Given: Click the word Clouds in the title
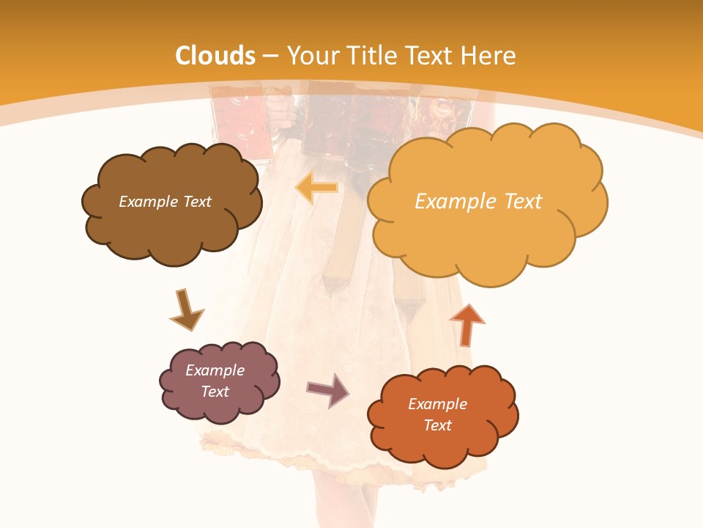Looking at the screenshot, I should [x=215, y=56].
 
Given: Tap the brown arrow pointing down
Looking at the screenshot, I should [x=186, y=309].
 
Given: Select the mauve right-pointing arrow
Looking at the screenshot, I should [x=328, y=389].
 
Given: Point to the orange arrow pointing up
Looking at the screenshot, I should [x=466, y=323].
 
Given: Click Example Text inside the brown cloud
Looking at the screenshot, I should [x=165, y=202].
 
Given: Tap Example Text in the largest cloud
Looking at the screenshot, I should [x=478, y=202].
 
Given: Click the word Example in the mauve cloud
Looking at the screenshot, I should [x=215, y=370].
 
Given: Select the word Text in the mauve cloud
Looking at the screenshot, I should [x=215, y=392].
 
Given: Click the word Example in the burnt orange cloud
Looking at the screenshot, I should [x=437, y=404].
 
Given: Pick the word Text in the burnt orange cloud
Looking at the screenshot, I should [x=437, y=425].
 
